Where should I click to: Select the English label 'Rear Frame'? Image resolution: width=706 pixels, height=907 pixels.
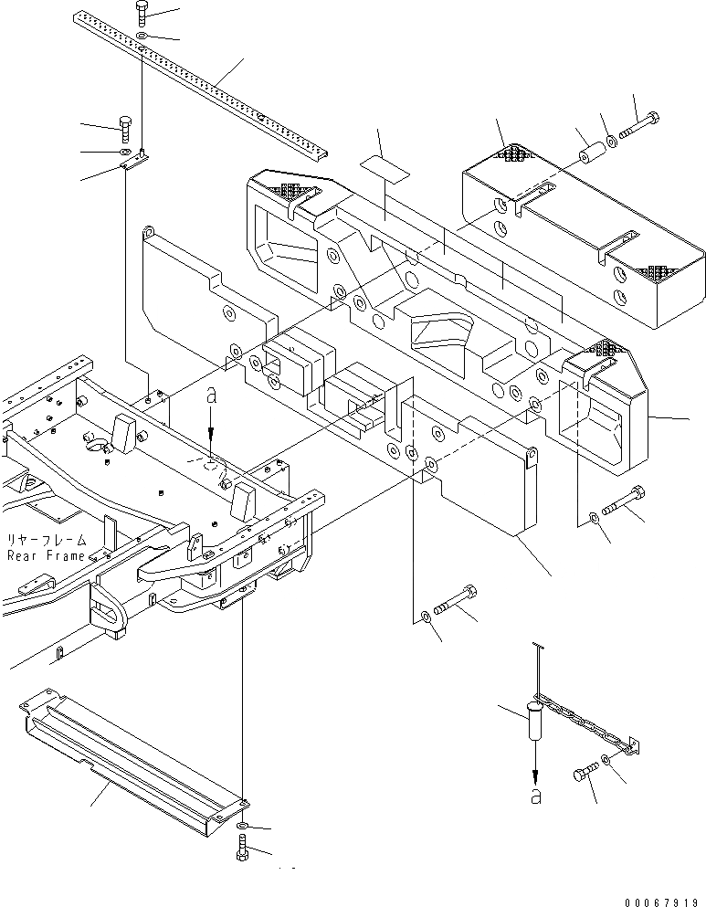(x=47, y=555)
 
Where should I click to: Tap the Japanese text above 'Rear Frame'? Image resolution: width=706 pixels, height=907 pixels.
(x=47, y=540)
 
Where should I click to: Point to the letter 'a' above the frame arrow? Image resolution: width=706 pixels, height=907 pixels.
(x=211, y=397)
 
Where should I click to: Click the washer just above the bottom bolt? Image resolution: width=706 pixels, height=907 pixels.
(x=241, y=828)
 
